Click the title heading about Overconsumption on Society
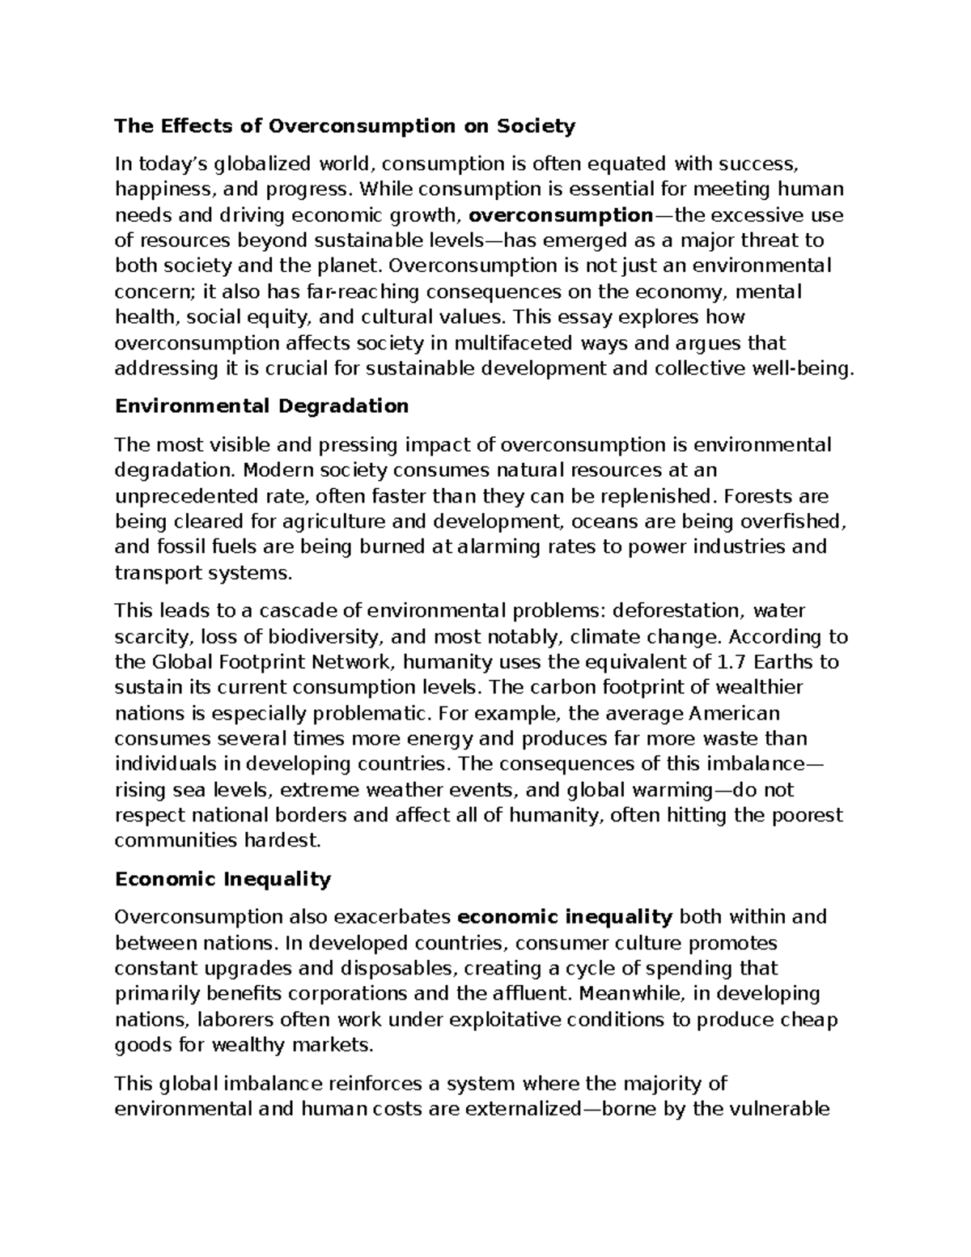tap(345, 126)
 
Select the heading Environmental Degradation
tap(261, 406)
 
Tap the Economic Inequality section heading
tap(223, 879)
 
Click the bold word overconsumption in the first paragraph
tap(561, 215)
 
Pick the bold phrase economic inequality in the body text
tap(565, 917)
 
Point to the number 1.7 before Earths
tap(728, 662)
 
